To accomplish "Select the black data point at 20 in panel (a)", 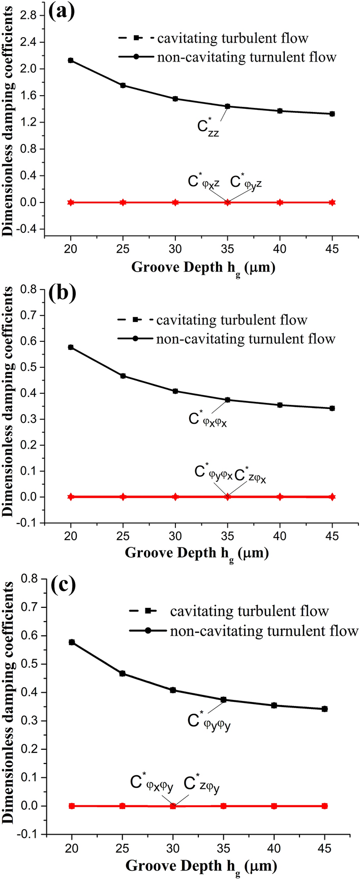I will pos(71,61).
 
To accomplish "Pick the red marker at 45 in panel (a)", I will pos(332,202).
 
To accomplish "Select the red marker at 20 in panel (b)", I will pos(71,496).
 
